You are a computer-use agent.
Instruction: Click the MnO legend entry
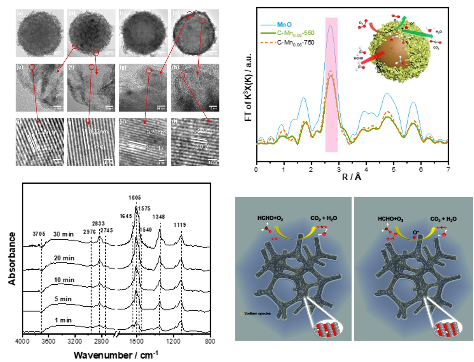[x=284, y=25]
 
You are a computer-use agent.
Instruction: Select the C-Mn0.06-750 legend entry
[x=295, y=42]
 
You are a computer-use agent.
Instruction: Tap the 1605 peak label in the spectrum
[x=135, y=198]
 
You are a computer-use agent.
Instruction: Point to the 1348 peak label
[x=158, y=217]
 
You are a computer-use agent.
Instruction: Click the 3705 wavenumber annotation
[x=39, y=234]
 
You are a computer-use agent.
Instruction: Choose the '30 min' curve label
[x=63, y=234]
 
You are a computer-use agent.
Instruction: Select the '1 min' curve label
[x=63, y=320]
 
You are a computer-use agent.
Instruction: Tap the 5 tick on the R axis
[x=394, y=170]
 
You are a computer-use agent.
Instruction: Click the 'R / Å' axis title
[x=352, y=177]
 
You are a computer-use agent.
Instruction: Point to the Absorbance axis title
[x=12, y=259]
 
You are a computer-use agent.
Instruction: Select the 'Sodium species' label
[x=257, y=313]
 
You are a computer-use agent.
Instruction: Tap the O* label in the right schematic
[x=416, y=233]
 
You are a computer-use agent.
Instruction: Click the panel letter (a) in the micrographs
[x=20, y=13]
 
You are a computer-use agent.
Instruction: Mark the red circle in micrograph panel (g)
[x=149, y=71]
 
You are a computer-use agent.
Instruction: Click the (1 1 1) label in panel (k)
[x=155, y=148]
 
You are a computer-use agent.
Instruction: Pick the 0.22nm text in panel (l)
[x=202, y=131]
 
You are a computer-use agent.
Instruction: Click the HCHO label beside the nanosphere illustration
[x=358, y=58]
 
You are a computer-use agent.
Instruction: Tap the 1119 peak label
[x=180, y=225]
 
